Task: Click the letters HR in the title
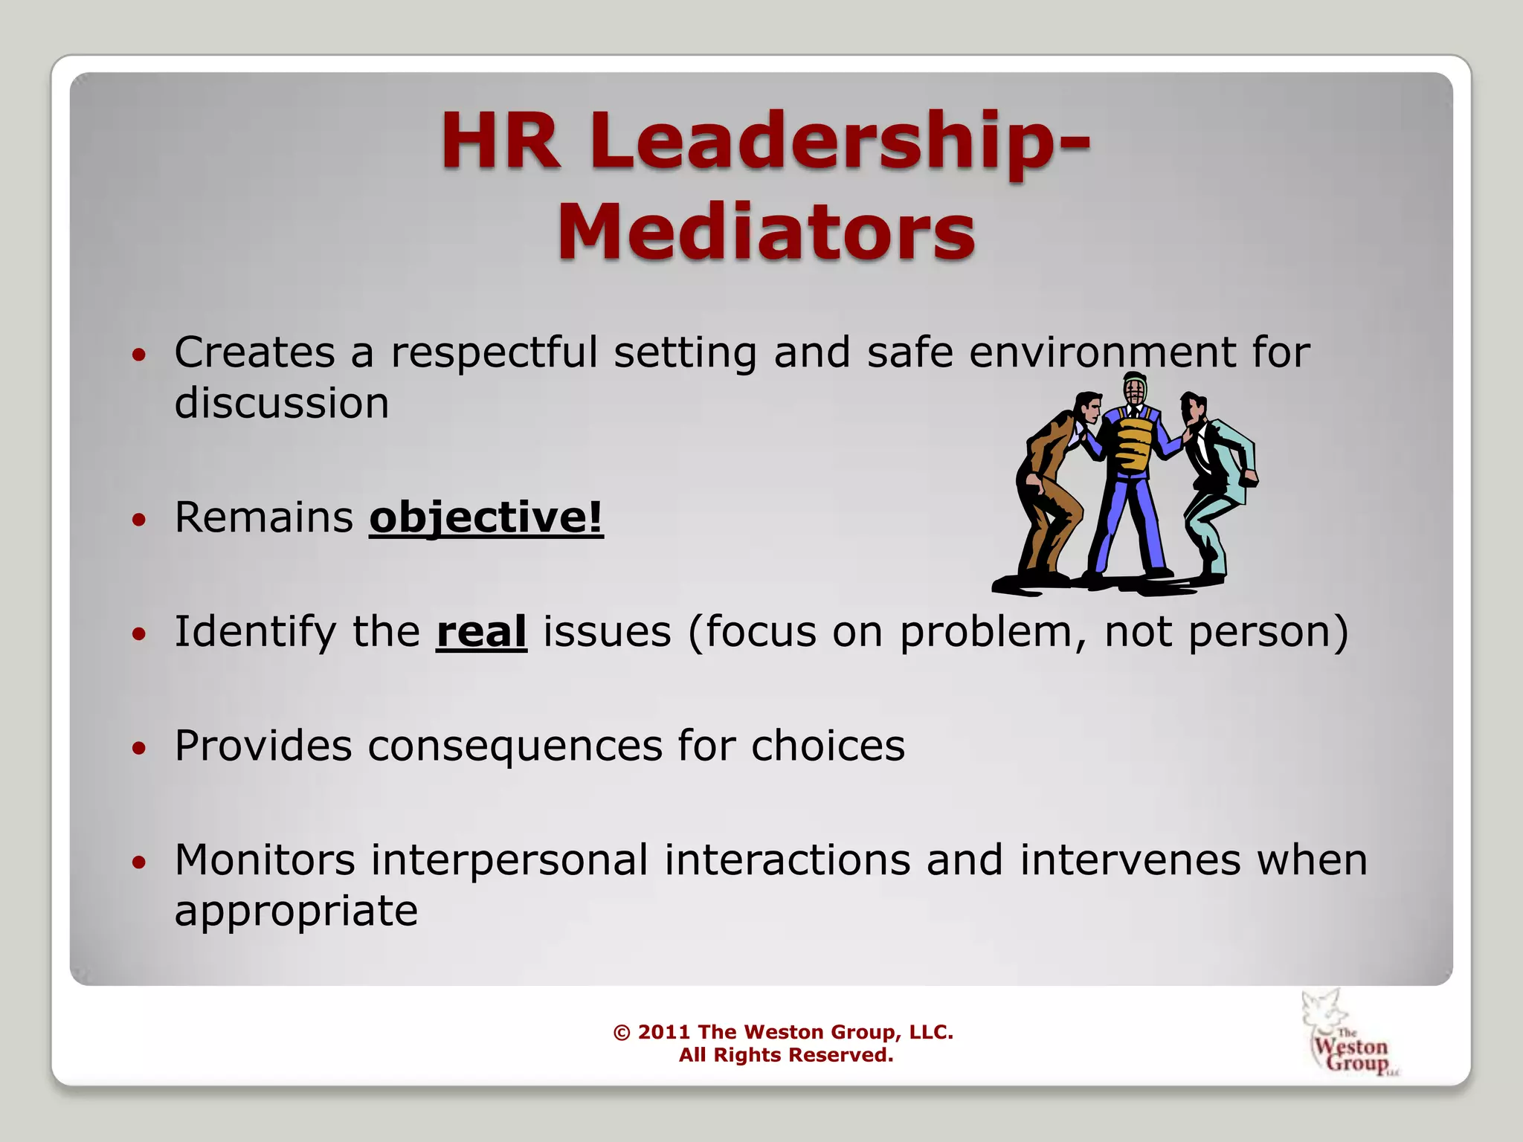click(x=500, y=141)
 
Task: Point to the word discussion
click(x=282, y=403)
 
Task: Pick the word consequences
click(x=515, y=746)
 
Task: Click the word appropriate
click(x=296, y=911)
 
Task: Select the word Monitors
click(x=265, y=860)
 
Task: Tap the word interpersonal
click(x=509, y=860)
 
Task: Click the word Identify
click(x=255, y=633)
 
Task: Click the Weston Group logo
click(x=1347, y=1035)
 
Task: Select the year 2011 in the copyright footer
click(x=663, y=1032)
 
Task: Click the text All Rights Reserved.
click(x=785, y=1055)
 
